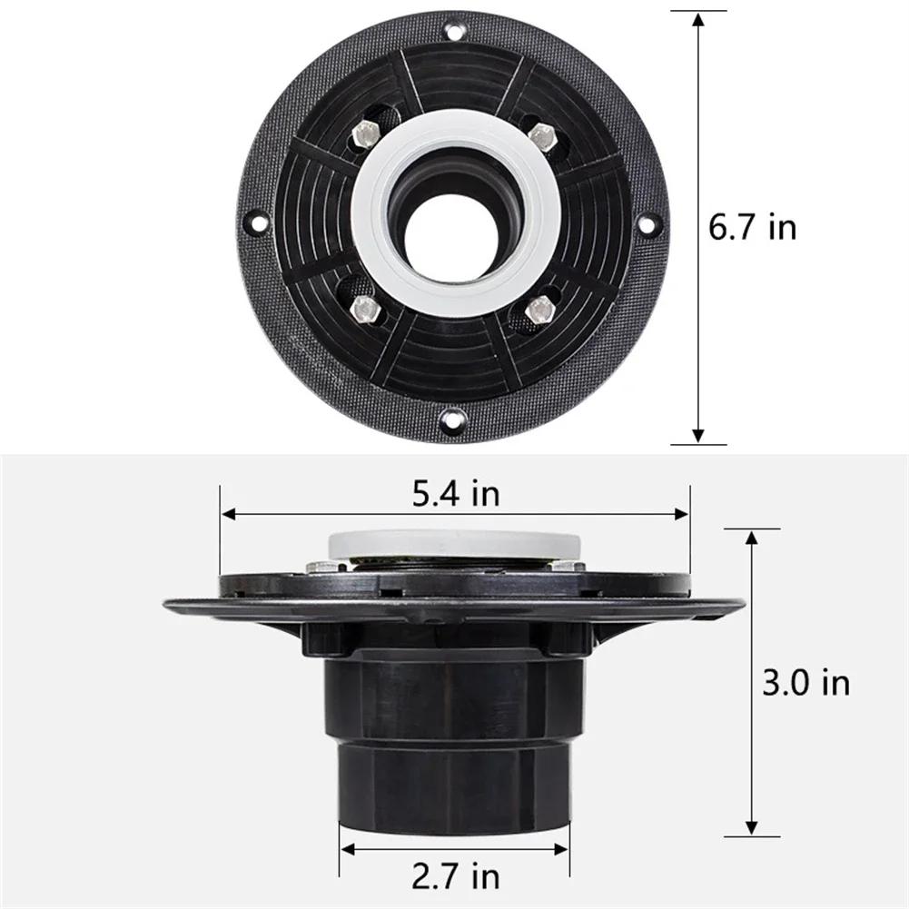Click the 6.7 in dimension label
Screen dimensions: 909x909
[x=752, y=227]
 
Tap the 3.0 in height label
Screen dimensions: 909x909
[x=806, y=681]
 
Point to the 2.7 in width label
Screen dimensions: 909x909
[x=456, y=878]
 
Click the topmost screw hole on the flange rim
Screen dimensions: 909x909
[x=453, y=35]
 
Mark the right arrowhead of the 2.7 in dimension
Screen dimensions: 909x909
[x=564, y=850]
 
